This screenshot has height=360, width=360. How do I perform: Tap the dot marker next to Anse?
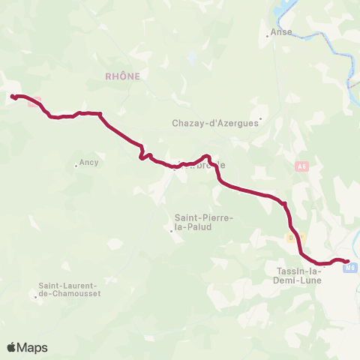[x=268, y=34]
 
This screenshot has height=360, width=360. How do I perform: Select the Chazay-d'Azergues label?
[x=214, y=124]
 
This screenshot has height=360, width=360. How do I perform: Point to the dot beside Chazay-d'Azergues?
[x=261, y=118]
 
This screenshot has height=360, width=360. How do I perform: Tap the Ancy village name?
[x=88, y=162]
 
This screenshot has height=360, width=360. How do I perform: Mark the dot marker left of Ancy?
[x=76, y=165]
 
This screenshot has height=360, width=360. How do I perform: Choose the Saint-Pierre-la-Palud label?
[x=199, y=222]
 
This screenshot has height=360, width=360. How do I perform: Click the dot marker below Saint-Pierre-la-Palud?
[x=171, y=231]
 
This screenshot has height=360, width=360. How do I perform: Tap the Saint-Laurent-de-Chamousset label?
[x=70, y=289]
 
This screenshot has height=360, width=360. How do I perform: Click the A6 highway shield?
[x=302, y=167]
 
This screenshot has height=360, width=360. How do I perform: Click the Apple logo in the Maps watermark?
[x=12, y=347]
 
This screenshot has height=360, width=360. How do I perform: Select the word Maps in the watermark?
[x=33, y=347]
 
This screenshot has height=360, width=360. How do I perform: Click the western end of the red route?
[x=13, y=96]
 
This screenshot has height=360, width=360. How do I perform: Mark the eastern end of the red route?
[x=347, y=261]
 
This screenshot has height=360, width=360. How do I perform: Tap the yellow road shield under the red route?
[x=295, y=237]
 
